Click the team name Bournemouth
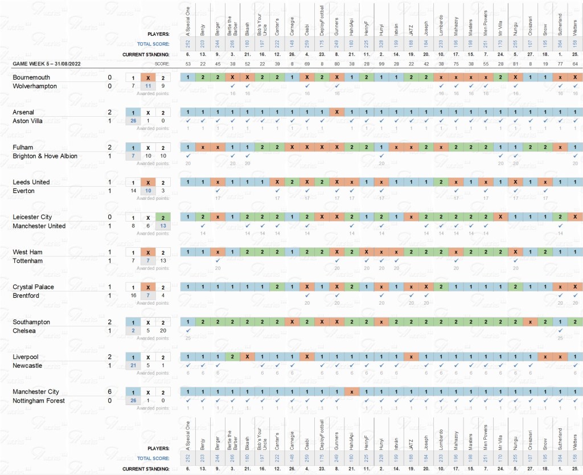[31, 77]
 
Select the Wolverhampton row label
[35, 86]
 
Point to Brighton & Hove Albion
[45, 156]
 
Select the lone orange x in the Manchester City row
[351, 392]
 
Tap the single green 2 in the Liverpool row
[232, 357]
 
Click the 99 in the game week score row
[380, 63]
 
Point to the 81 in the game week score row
[515, 63]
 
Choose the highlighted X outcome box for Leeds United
[147, 182]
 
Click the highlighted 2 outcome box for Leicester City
[162, 217]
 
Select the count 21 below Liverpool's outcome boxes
[133, 366]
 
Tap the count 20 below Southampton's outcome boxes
[162, 330]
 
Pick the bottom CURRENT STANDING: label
[146, 469]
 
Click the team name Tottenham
[27, 260]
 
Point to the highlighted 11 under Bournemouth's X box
[147, 86]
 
